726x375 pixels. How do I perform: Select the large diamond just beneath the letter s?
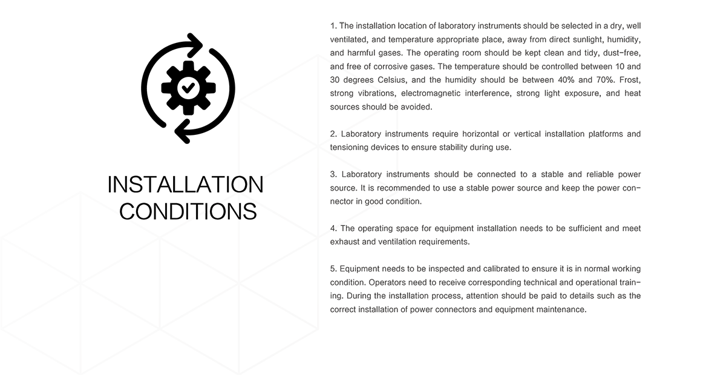point(397,160)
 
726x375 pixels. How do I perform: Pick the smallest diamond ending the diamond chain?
point(397,180)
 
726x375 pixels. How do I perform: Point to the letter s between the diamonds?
point(397,147)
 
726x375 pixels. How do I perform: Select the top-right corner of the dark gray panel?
point(641,22)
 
